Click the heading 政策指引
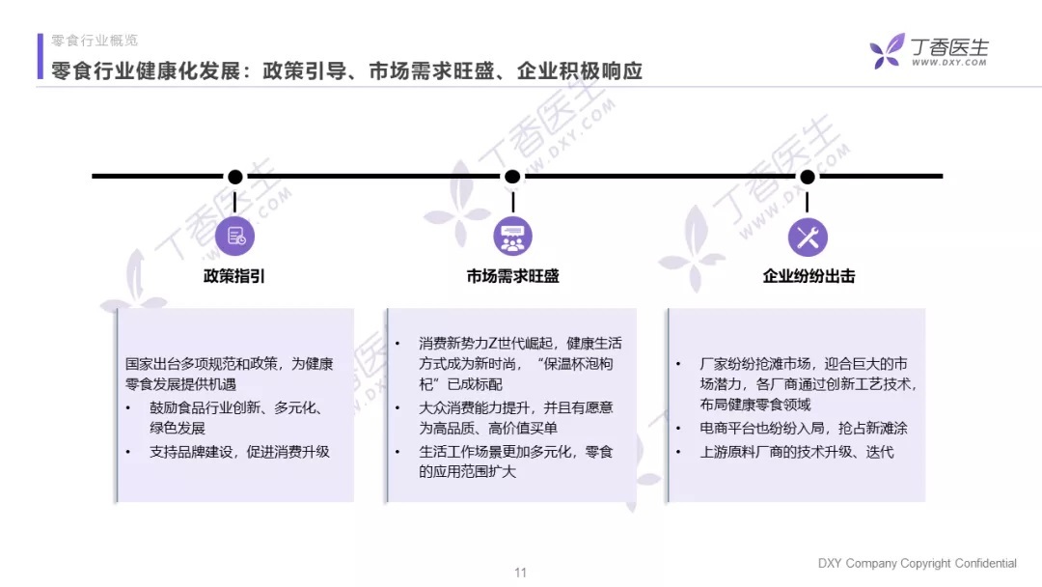(233, 276)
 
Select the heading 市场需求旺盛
(512, 276)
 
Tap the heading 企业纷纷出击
(809, 276)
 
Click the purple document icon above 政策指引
(234, 236)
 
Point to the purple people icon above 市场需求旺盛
(512, 236)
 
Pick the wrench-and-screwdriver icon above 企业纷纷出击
(808, 237)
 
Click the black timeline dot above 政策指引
(235, 177)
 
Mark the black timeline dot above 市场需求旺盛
(512, 177)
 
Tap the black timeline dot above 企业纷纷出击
(808, 177)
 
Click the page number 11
(520, 573)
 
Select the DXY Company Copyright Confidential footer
(918, 563)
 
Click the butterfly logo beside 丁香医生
(888, 51)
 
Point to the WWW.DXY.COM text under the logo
(949, 63)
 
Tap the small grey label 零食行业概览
(95, 41)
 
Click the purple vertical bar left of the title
(40, 57)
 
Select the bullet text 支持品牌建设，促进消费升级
(239, 452)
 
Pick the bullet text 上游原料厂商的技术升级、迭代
(797, 452)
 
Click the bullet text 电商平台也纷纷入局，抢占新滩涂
(804, 428)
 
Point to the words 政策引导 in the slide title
(305, 71)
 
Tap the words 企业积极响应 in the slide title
(580, 71)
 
